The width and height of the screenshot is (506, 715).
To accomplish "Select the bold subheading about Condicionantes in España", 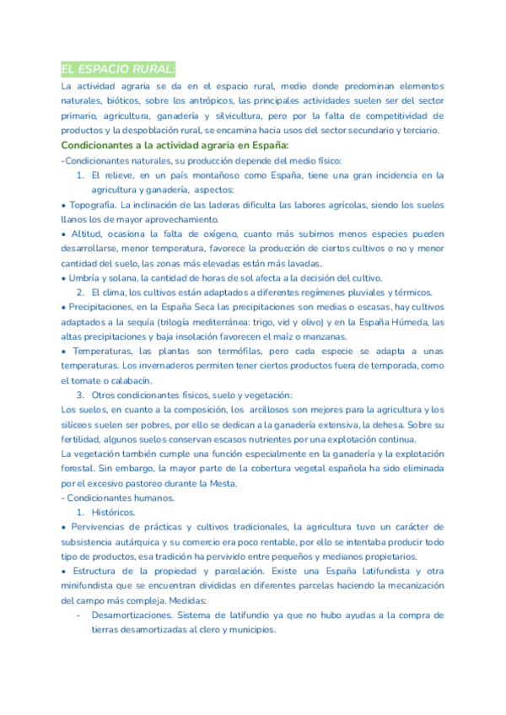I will click(x=175, y=146).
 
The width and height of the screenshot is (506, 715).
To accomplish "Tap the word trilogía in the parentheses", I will click(x=221, y=322).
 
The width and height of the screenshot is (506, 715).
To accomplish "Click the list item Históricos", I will click(x=113, y=512).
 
